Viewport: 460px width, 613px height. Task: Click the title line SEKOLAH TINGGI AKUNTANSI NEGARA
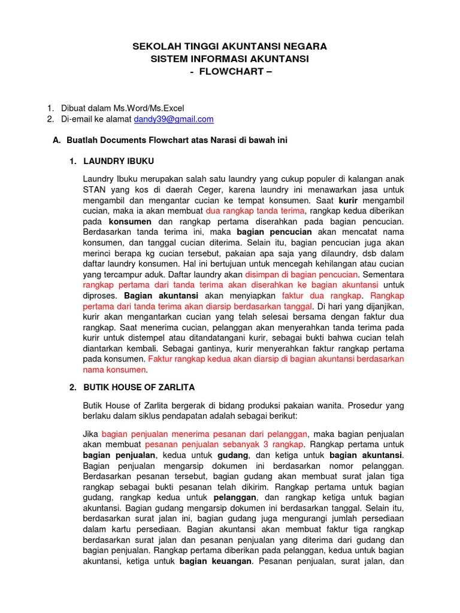tap(229, 46)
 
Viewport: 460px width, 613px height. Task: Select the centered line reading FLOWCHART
tap(229, 71)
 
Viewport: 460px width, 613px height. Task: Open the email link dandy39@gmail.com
tap(174, 119)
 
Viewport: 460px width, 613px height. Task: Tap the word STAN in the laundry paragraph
tap(94, 190)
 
